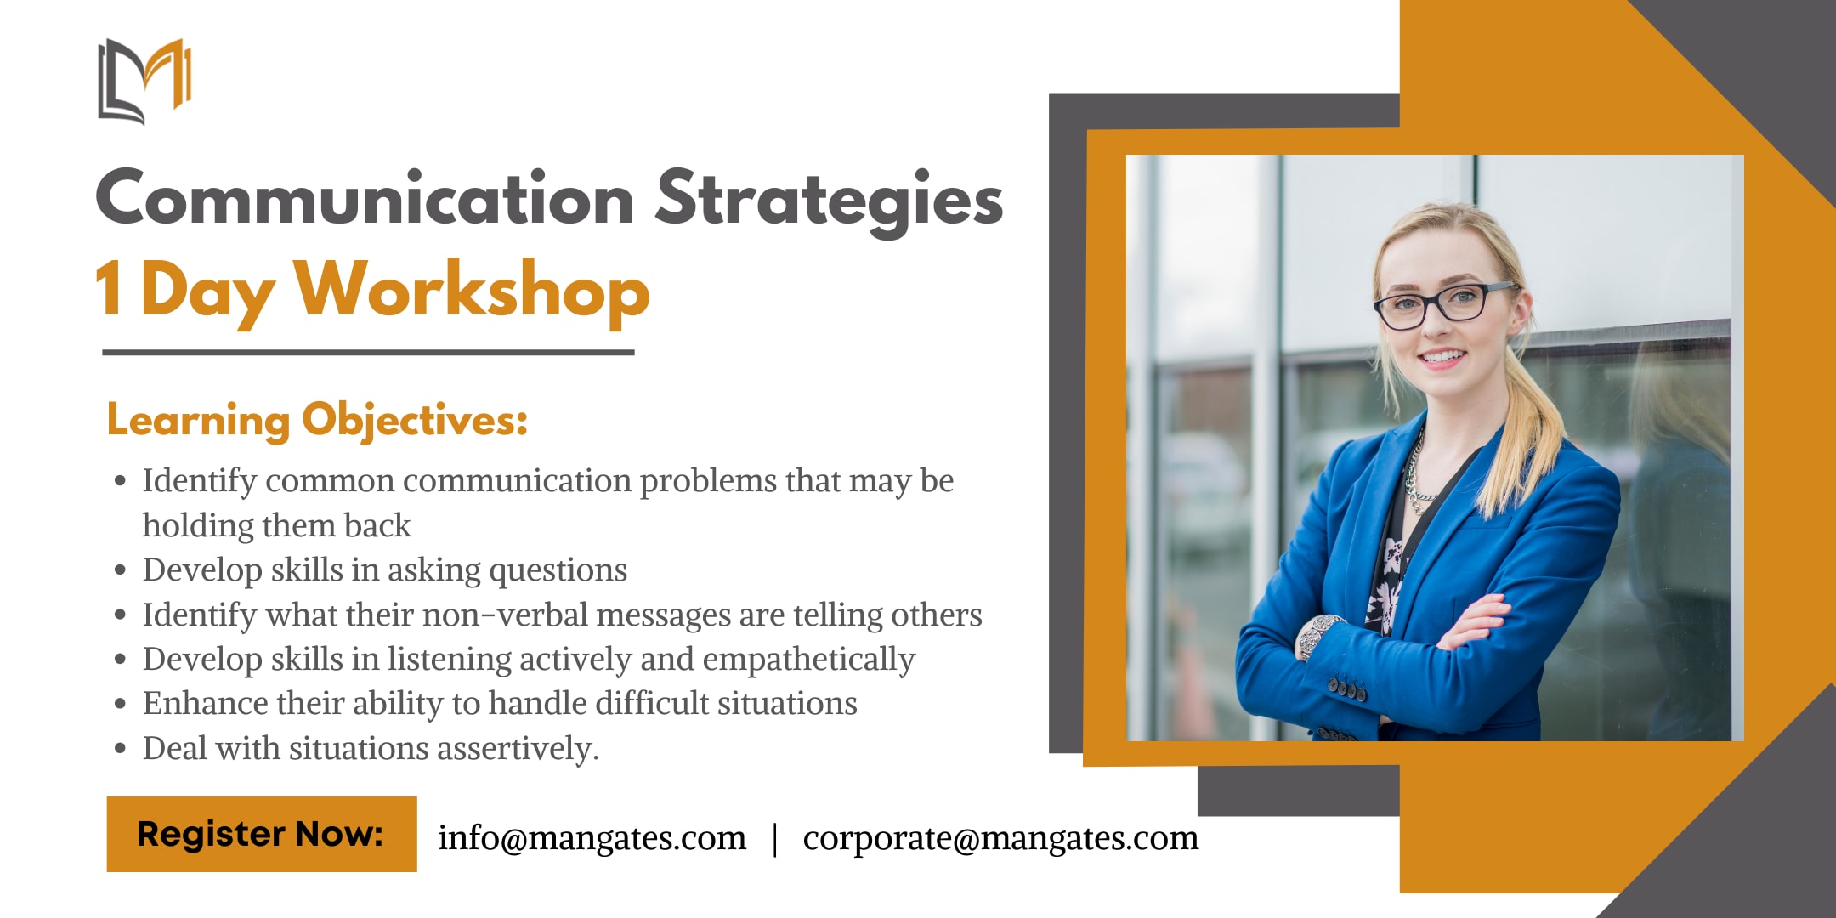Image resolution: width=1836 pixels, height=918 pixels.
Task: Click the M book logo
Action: tap(144, 82)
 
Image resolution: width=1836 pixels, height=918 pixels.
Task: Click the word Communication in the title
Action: tap(365, 198)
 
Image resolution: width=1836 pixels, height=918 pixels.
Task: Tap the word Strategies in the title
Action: tap(829, 201)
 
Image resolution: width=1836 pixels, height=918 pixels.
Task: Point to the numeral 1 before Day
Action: tap(109, 289)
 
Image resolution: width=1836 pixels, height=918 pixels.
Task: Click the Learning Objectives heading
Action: tap(317, 421)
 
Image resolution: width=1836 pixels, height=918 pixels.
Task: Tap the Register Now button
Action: tap(262, 834)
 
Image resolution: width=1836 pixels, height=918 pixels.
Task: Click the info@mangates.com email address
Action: tap(592, 838)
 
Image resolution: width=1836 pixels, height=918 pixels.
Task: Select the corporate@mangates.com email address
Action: tap(1000, 838)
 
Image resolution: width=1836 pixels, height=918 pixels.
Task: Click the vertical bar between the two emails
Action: tap(774, 839)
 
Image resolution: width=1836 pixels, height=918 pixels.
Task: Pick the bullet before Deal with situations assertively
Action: tap(121, 749)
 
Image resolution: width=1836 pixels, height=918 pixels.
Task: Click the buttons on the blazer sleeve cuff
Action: tap(1347, 688)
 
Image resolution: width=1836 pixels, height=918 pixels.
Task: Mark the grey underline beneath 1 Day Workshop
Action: tap(368, 352)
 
